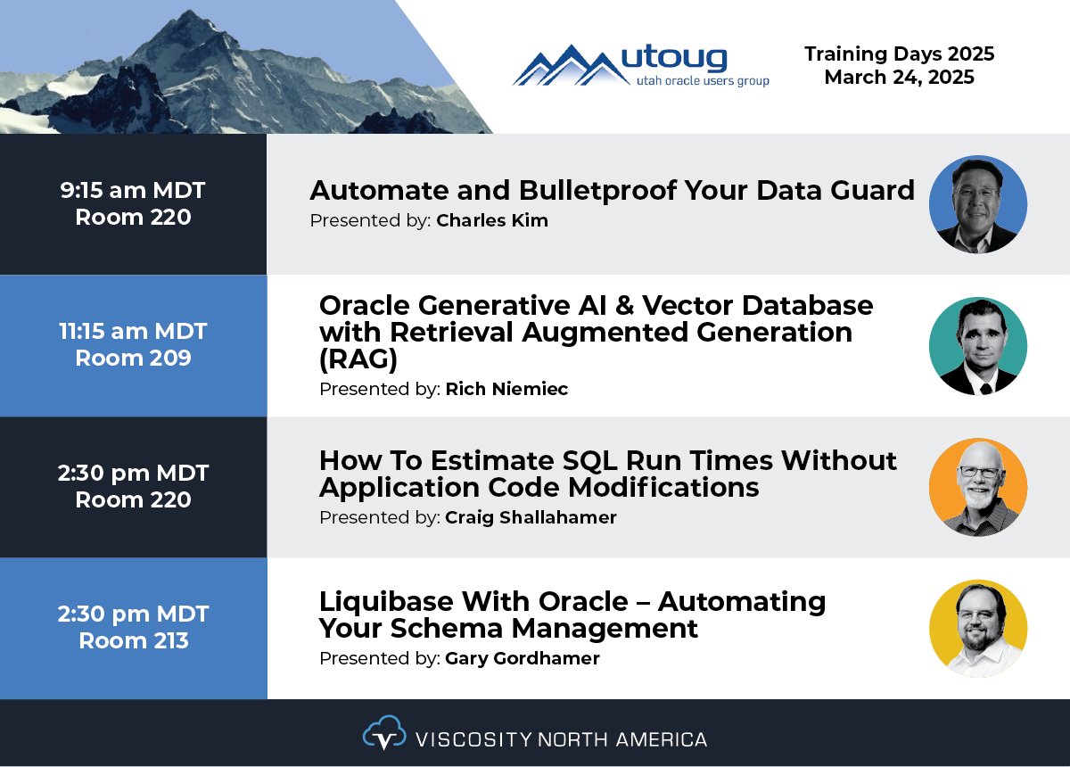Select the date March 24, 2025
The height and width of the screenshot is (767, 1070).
pyautogui.click(x=899, y=78)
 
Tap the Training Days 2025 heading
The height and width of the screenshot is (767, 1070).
pyautogui.click(x=899, y=54)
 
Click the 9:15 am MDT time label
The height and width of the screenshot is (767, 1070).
pyautogui.click(x=133, y=190)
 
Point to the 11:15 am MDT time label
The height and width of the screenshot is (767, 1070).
pyautogui.click(x=133, y=331)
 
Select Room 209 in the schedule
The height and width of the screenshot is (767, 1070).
pyautogui.click(x=133, y=359)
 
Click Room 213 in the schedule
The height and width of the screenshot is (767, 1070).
pyautogui.click(x=133, y=640)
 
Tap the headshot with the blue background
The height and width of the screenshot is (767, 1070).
pyautogui.click(x=977, y=204)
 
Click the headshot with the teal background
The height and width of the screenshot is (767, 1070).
pyautogui.click(x=977, y=346)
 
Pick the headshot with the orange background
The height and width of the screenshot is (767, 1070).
pyautogui.click(x=977, y=487)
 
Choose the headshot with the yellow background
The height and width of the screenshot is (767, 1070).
pyautogui.click(x=977, y=628)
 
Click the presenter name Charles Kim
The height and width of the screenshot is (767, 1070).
pyautogui.click(x=492, y=220)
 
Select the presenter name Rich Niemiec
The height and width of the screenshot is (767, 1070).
pyautogui.click(x=506, y=389)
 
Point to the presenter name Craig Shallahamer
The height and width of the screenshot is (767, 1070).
pyautogui.click(x=531, y=517)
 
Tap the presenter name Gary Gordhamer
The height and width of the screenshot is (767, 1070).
pyautogui.click(x=523, y=658)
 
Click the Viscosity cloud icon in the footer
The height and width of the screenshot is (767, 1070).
pyautogui.click(x=383, y=734)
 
